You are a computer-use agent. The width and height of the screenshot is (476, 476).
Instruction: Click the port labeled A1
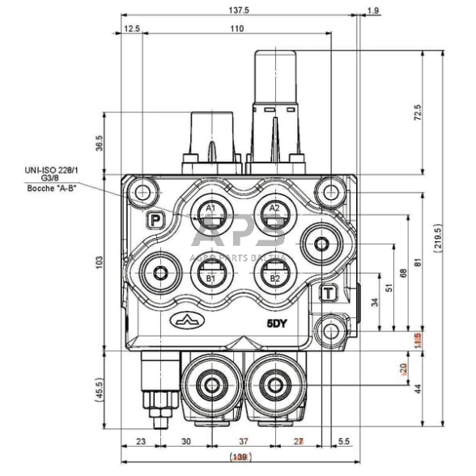210,215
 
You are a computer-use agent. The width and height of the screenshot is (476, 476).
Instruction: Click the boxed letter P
154,219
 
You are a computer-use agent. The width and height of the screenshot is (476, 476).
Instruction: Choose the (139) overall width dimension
238,458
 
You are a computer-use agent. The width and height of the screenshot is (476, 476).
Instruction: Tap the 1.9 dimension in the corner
372,10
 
